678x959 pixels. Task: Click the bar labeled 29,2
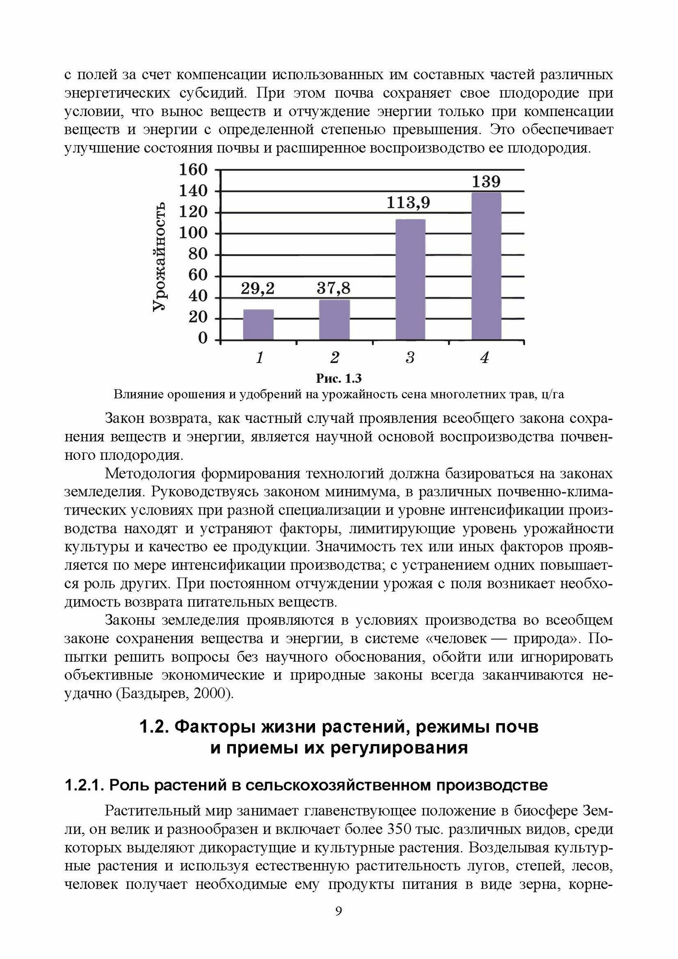coord(258,325)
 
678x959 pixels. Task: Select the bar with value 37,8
coord(334,320)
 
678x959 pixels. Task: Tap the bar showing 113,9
coord(410,280)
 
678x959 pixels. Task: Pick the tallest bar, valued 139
coord(486,266)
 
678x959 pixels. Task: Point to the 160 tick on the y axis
coord(193,170)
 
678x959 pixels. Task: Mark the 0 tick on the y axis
coord(203,339)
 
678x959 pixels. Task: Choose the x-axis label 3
coord(410,358)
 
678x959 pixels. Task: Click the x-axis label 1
coord(259,358)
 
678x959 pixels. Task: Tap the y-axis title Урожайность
coord(160,256)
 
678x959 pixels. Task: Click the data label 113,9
coord(409,203)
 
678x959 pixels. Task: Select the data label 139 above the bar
coord(486,182)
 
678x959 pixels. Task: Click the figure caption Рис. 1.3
coord(339,379)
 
